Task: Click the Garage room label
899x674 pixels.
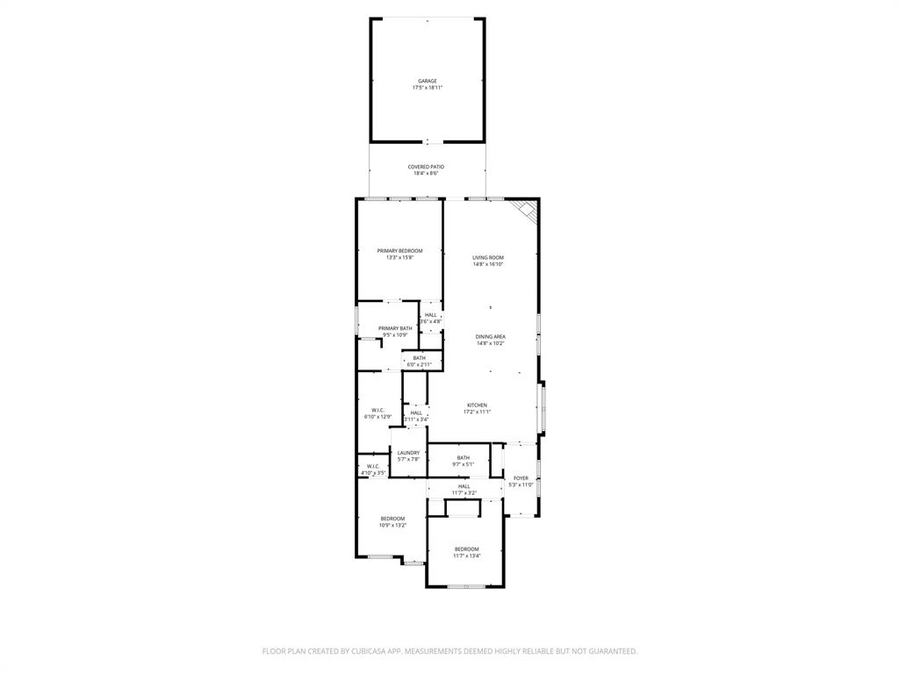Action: [428, 81]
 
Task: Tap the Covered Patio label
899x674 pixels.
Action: [426, 167]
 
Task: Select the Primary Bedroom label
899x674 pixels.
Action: [399, 251]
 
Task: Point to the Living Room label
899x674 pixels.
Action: [488, 258]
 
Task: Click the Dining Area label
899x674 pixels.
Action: [491, 337]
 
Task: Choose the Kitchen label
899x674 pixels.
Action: [477, 405]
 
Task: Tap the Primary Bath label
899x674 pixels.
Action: [395, 328]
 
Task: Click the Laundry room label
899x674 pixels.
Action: [409, 453]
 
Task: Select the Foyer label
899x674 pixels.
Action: [521, 478]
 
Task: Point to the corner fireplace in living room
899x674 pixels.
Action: [526, 211]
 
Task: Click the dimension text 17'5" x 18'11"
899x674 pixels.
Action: [428, 88]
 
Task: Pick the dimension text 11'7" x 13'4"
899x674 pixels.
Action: [467, 556]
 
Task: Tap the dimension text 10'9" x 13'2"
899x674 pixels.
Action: [392, 526]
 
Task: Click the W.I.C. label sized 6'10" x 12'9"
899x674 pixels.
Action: [378, 410]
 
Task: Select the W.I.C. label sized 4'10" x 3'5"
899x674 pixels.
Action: [373, 466]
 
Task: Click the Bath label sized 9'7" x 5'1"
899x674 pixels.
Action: [463, 457]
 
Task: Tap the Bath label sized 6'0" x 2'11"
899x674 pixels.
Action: [420, 358]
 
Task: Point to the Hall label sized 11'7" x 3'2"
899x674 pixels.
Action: [464, 486]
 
